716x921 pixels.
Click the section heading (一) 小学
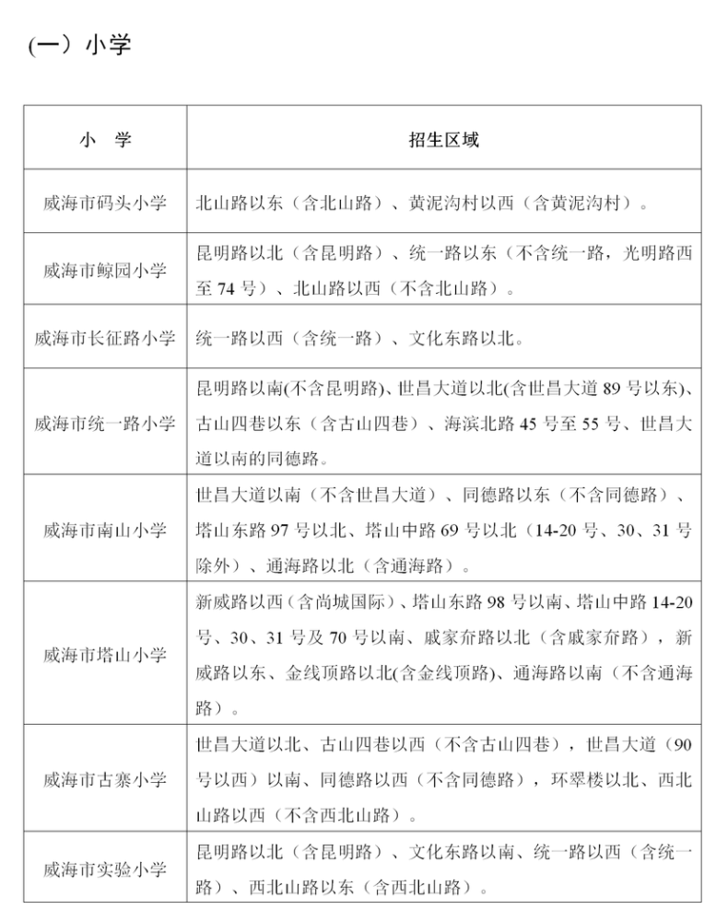(79, 44)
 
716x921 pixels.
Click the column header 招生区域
(443, 140)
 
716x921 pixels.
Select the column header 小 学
(105, 140)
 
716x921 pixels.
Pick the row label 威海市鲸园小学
(105, 271)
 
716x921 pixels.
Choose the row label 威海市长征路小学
(105, 338)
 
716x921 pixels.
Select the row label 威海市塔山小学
(105, 655)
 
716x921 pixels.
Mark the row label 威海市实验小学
(105, 869)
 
